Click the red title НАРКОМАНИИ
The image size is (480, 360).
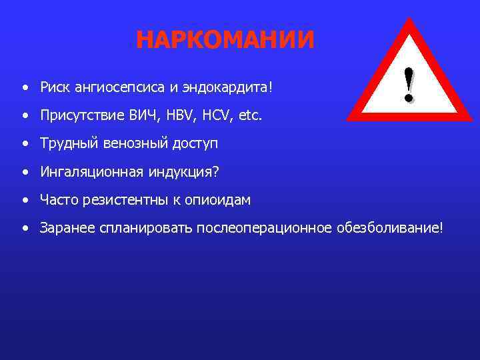(x=225, y=40)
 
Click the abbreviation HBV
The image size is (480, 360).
(x=166, y=116)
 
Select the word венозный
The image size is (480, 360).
(x=124, y=144)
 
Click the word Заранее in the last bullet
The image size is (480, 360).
(x=67, y=229)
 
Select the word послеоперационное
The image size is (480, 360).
(x=263, y=229)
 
